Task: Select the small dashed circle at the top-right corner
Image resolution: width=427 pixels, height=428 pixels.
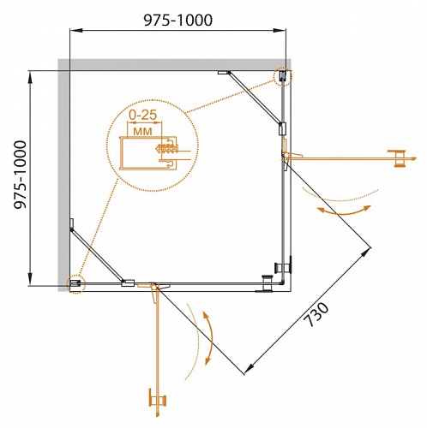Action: [282, 78]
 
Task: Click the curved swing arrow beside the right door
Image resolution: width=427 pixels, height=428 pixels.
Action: [343, 209]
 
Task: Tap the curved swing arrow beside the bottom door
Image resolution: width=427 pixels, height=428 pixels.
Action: [206, 340]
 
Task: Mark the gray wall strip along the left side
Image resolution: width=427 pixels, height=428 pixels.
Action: [63, 171]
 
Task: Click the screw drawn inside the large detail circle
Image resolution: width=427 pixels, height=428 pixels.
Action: [164, 150]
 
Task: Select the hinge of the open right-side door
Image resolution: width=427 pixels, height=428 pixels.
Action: [284, 155]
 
